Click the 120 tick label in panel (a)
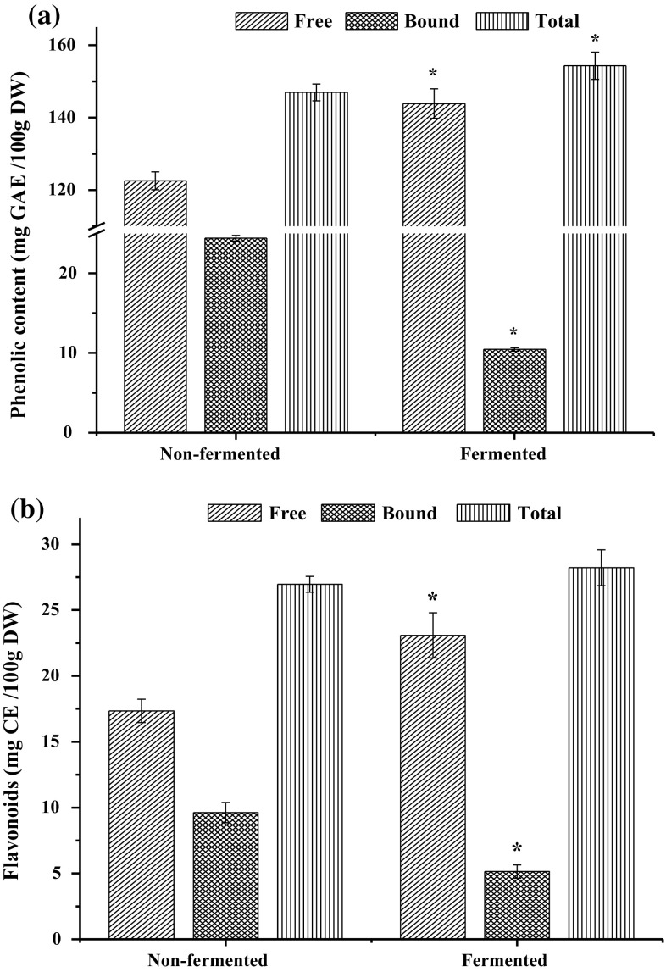pos(74,191)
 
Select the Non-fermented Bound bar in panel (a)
pos(236,335)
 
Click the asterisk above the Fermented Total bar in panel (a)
pos(595,40)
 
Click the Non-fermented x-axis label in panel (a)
pos(219,453)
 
